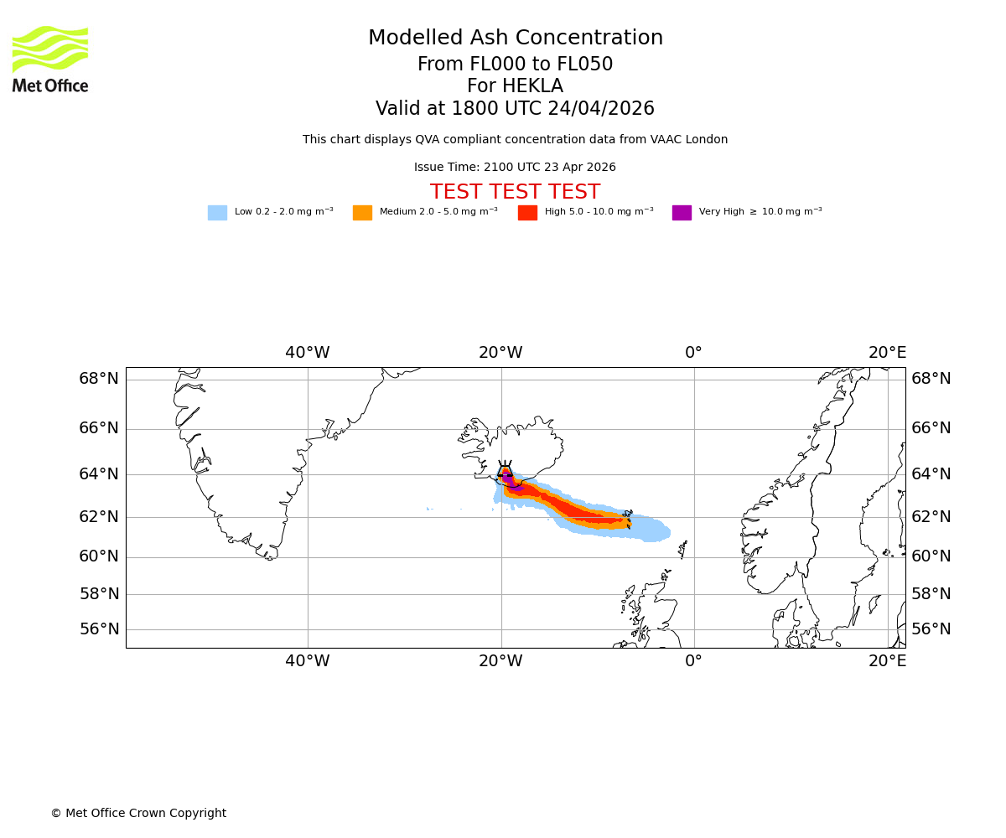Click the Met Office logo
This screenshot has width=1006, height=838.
pyautogui.click(x=50, y=59)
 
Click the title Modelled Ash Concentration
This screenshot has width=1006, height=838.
pyautogui.click(x=516, y=39)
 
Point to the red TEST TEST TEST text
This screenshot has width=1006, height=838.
pyautogui.click(x=515, y=193)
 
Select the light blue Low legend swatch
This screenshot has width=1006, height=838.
pyautogui.click(x=217, y=213)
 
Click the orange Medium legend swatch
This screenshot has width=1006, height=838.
pyautogui.click(x=362, y=213)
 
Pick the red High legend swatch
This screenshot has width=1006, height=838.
pyautogui.click(x=527, y=213)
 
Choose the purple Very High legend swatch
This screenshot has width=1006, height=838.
pyautogui.click(x=682, y=213)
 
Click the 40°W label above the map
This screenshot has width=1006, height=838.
pyautogui.click(x=307, y=353)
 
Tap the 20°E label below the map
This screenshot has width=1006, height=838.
pyautogui.click(x=887, y=661)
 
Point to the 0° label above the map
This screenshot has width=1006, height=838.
pyautogui.click(x=693, y=353)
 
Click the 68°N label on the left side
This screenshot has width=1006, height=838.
pyautogui.click(x=99, y=379)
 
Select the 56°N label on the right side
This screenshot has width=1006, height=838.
pyautogui.click(x=931, y=629)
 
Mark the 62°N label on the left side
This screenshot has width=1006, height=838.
pyautogui.click(x=99, y=516)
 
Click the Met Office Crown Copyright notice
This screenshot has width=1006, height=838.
pyautogui.click(x=138, y=814)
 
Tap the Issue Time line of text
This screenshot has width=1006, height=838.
pyautogui.click(x=515, y=168)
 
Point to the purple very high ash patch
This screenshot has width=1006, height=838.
pyautogui.click(x=514, y=485)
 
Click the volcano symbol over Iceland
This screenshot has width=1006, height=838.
pyautogui.click(x=505, y=471)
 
